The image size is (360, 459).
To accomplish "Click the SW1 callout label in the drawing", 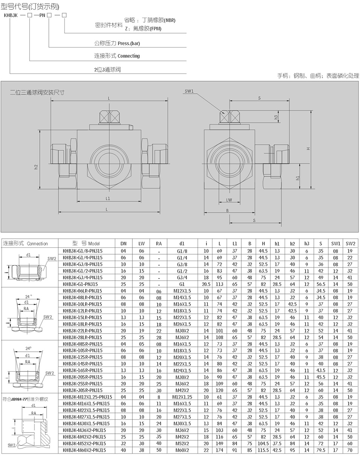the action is pyautogui.click(x=189, y=91).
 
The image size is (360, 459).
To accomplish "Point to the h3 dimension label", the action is pyautogui.click(x=276, y=117).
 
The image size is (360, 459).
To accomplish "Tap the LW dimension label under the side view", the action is pyautogui.click(x=229, y=200).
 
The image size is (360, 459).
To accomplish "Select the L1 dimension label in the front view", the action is pyautogui.click(x=108, y=198).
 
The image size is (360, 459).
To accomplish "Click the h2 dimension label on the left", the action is pyautogui.click(x=36, y=167).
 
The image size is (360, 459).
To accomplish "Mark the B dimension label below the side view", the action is pyautogui.click(x=227, y=210).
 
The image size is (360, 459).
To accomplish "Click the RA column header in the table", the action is pyautogui.click(x=158, y=244).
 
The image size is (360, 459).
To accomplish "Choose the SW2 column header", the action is pyautogui.click(x=350, y=244).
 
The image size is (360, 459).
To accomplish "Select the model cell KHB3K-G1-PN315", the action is pyautogui.click(x=80, y=284).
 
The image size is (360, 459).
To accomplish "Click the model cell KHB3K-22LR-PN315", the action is pyautogui.click(x=82, y=331).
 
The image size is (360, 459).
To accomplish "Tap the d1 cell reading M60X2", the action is pyautogui.click(x=182, y=450).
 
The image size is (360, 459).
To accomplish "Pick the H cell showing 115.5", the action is pyautogui.click(x=263, y=450).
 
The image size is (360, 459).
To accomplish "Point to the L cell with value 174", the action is pyautogui.click(x=219, y=450).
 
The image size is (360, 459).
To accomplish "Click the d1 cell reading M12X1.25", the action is pyautogui.click(x=182, y=397).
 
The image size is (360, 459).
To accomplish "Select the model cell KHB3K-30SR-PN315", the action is pyautogui.click(x=82, y=390).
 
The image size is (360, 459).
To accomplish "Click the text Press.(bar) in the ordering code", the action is pyautogui.click(x=129, y=43).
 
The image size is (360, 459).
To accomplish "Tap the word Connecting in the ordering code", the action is pyautogui.click(x=129, y=56).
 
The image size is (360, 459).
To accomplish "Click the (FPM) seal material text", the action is pyautogui.click(x=155, y=29).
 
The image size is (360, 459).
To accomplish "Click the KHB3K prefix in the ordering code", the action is pyautogui.click(x=11, y=15).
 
